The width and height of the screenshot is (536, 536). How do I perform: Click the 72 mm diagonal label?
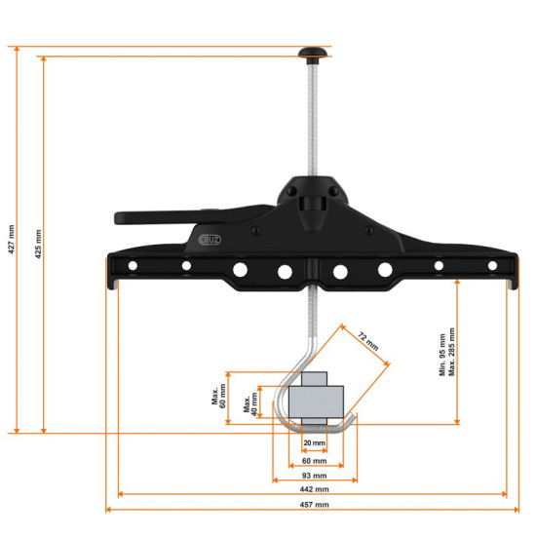tap(366, 341)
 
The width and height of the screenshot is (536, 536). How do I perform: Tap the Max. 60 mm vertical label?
tap(218, 398)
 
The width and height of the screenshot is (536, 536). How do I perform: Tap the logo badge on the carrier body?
tap(211, 237)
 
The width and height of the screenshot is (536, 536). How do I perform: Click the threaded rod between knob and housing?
tap(312, 117)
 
